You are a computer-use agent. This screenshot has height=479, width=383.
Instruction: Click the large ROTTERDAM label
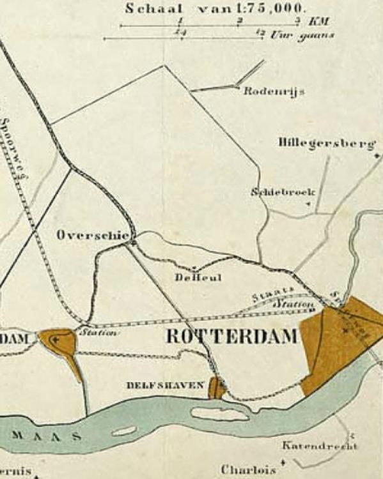coord(232,337)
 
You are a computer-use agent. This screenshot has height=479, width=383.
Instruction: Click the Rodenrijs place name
coord(274,91)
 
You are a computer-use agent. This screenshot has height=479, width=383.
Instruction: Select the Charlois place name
coord(248,469)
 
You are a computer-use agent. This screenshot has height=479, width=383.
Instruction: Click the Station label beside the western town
coord(98,332)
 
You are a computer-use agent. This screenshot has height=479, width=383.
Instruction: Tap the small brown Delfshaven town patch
coord(217,387)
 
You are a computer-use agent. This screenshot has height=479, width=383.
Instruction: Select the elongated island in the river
coord(219,414)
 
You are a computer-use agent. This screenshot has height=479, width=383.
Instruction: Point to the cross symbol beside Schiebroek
coord(309,204)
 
